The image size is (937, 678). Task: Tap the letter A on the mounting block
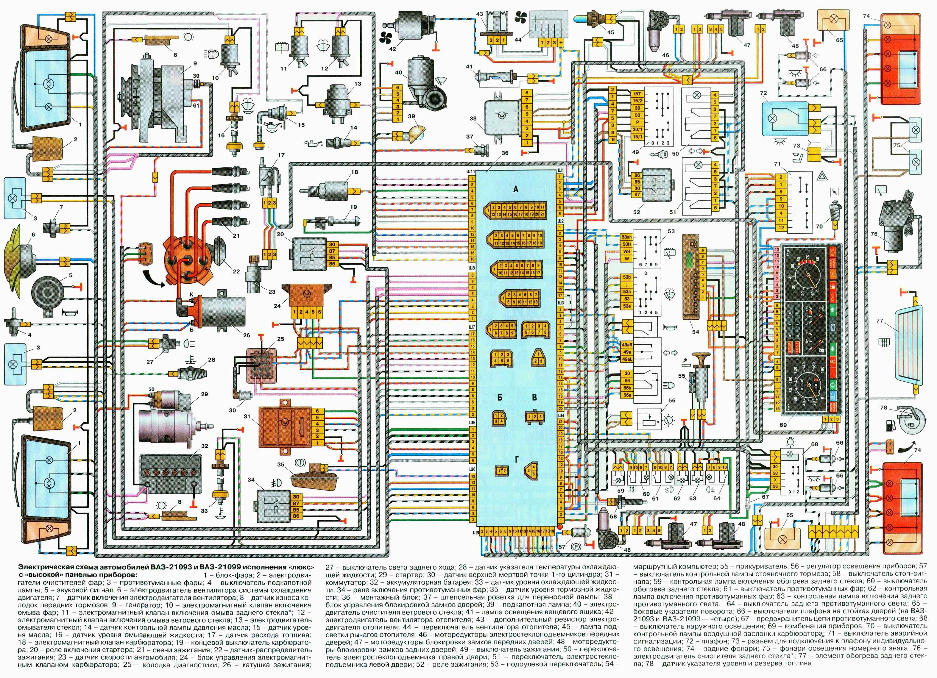(515, 189)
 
